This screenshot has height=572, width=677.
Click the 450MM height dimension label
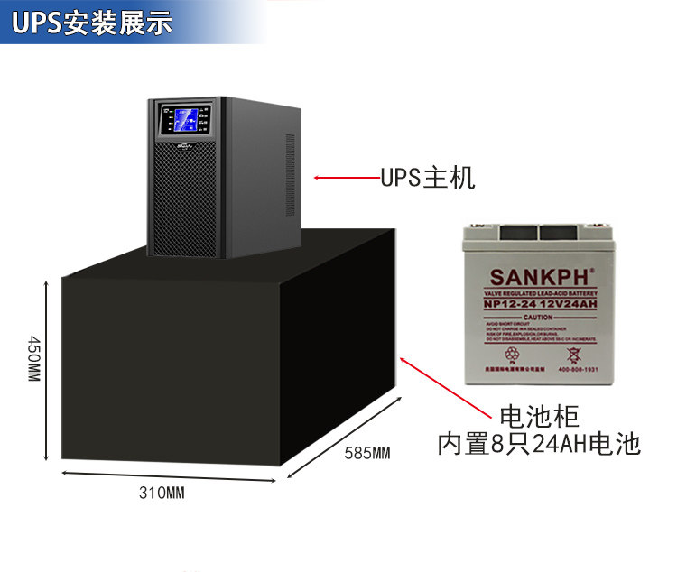coord(33,358)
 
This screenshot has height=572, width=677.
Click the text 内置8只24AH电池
coord(538,444)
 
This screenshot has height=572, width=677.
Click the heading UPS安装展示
coord(93,23)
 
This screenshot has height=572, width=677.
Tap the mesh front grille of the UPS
coord(183,198)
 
